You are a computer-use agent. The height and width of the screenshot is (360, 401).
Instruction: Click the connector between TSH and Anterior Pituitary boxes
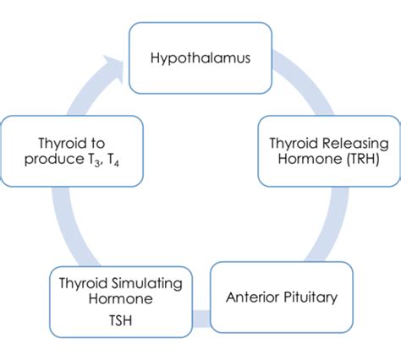click(200, 318)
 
